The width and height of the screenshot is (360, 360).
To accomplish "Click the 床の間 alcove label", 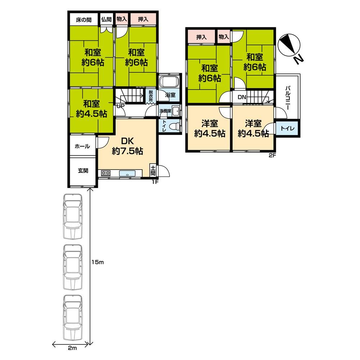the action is (x=84, y=20).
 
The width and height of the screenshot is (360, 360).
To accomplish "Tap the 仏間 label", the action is (x=107, y=19).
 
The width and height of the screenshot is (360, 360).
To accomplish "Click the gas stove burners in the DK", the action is (x=105, y=173).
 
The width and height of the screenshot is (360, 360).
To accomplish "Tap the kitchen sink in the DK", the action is (x=127, y=174).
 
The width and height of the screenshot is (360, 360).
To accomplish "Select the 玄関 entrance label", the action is (x=83, y=171).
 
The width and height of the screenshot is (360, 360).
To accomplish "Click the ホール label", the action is (x=82, y=146).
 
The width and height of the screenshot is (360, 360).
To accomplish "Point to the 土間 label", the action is (x=153, y=170).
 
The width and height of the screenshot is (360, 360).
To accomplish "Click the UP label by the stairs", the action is (x=121, y=106).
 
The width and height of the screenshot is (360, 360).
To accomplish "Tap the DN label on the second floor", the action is (x=242, y=97).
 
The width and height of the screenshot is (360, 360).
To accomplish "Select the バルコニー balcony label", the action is (x=288, y=98).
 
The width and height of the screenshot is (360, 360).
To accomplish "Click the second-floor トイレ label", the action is (x=287, y=128).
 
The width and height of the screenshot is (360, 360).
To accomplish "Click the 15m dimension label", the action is (x=98, y=262).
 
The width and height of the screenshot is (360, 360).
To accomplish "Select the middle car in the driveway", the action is (x=73, y=267).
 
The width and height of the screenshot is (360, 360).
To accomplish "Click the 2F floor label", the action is (x=272, y=156).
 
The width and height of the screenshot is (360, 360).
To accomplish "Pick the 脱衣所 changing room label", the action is (x=150, y=96).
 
